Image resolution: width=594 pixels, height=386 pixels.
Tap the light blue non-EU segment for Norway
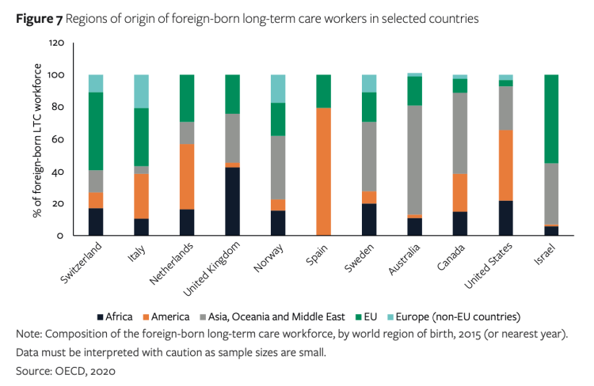click(x=277, y=89)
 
